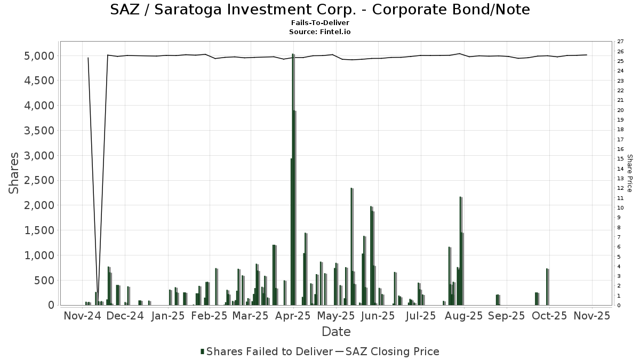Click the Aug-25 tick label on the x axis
tap(463, 316)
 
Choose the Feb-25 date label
tap(209, 316)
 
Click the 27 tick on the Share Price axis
tap(620, 42)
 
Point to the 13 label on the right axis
tap(620, 178)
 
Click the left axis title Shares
tap(14, 173)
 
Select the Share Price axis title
tap(629, 173)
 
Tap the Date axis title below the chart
tap(336, 332)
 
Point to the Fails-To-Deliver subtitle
tap(320, 23)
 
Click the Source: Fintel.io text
tap(320, 31)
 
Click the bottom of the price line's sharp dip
tap(98, 302)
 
